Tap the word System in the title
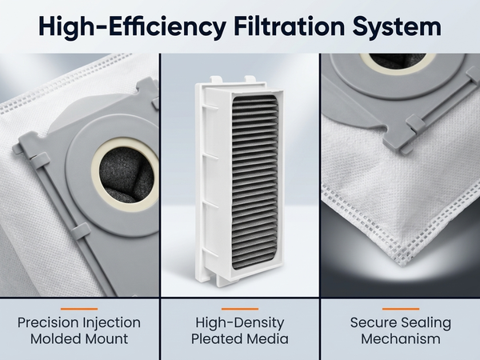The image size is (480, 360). click(x=397, y=27)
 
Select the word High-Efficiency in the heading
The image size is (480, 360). click(x=133, y=27)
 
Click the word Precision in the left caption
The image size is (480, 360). click(x=47, y=322)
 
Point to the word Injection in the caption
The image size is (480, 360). click(x=111, y=323)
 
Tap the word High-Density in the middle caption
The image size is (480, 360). click(x=240, y=323)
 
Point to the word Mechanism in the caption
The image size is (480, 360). click(x=401, y=339)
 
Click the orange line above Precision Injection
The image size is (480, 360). click(x=79, y=309)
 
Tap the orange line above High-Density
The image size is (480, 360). click(x=240, y=309)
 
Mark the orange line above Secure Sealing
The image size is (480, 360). click(x=401, y=309)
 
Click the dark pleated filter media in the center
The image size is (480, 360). click(x=255, y=182)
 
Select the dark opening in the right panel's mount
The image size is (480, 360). click(x=397, y=60)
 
